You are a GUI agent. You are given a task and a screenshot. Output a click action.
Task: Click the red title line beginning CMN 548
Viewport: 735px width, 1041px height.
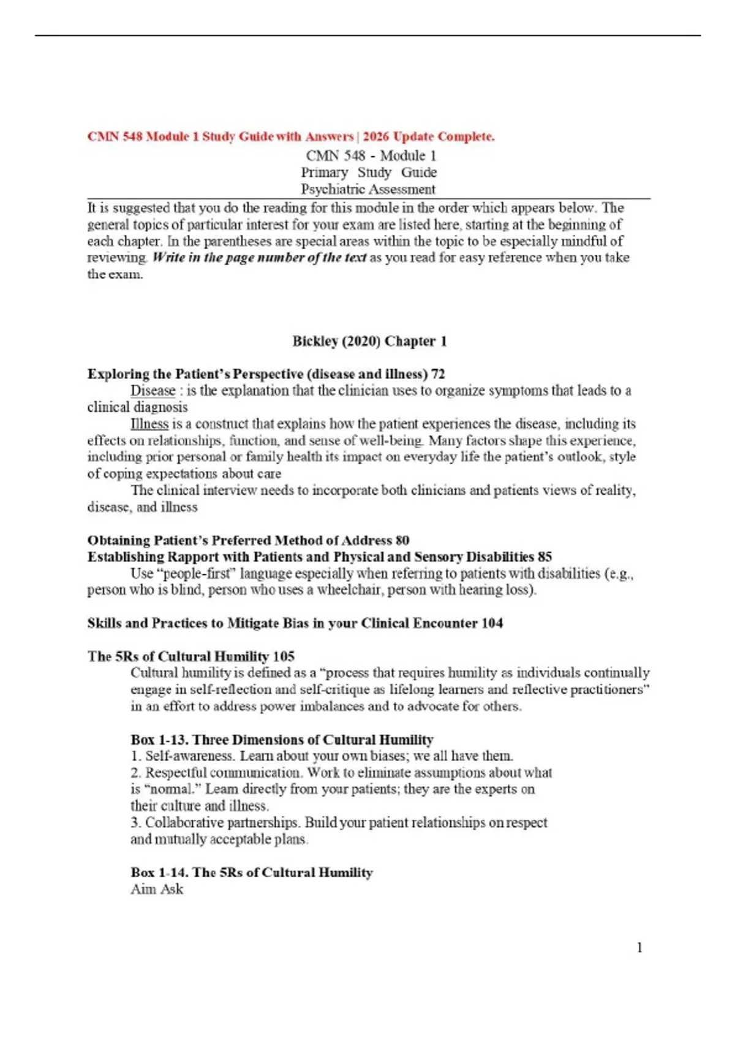[x=291, y=137]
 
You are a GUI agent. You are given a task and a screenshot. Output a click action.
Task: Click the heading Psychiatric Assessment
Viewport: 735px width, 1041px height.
[x=368, y=189]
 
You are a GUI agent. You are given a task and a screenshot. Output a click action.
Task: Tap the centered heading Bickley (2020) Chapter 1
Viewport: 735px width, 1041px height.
[x=369, y=341]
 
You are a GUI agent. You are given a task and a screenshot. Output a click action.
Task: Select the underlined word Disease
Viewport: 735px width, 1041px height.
[x=153, y=391]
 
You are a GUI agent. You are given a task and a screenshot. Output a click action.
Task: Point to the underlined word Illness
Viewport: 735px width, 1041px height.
[x=149, y=424]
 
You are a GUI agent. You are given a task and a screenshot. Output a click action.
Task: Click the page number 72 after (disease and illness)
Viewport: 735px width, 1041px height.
[x=438, y=374]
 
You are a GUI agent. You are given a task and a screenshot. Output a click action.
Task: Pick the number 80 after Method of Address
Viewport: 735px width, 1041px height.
[x=402, y=540]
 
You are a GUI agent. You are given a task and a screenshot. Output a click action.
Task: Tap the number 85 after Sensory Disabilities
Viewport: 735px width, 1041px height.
[x=545, y=557]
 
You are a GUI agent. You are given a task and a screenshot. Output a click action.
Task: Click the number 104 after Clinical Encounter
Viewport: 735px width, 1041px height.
[x=492, y=623]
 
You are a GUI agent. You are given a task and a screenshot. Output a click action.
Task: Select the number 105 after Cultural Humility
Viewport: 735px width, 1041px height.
[x=284, y=656]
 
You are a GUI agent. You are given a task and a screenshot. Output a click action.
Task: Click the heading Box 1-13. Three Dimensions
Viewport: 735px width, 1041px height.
[x=282, y=740]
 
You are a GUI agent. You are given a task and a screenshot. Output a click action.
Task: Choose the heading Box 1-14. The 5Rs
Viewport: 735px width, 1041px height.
[x=251, y=873]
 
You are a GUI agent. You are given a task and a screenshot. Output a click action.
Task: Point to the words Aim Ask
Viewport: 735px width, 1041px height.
[x=157, y=889]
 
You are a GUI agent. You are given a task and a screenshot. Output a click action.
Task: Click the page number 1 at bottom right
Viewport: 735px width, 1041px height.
[x=639, y=948]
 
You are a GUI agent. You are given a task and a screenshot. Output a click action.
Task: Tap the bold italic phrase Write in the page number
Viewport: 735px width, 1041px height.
[x=260, y=258]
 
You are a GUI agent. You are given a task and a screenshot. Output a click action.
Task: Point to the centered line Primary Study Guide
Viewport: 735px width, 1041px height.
[x=369, y=173]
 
